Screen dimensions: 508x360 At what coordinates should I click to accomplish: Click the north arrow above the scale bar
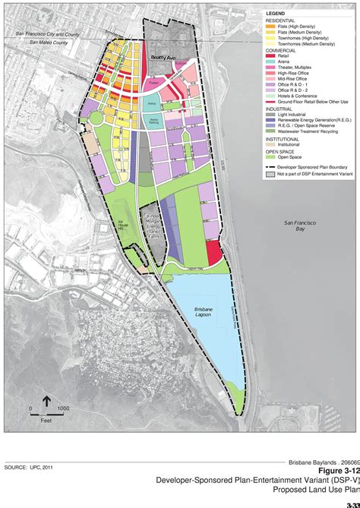point(47,400)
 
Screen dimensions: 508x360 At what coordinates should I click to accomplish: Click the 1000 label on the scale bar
point(63,409)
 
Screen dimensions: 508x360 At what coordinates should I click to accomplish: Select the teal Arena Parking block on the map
point(153,121)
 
